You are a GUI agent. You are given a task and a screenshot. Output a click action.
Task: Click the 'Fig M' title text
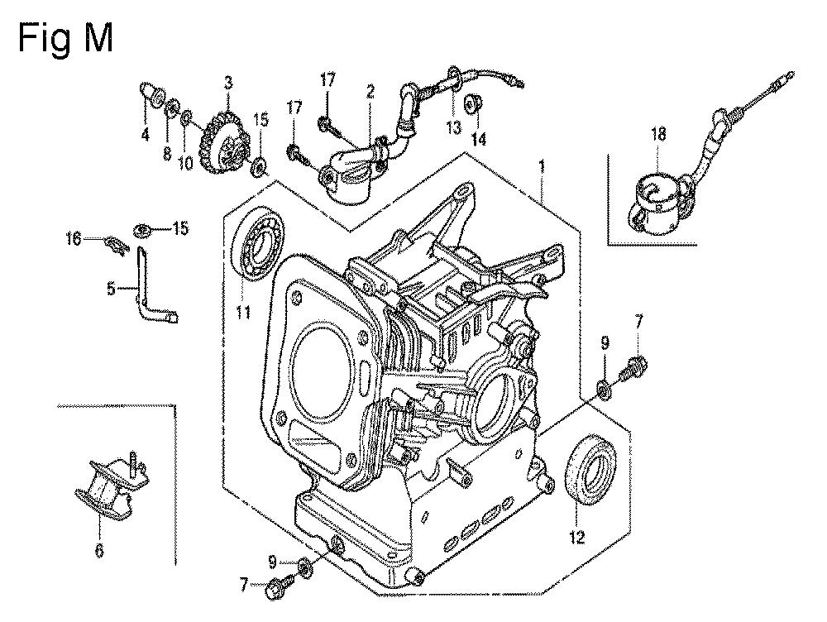tap(65, 39)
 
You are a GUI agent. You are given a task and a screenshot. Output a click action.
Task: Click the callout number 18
tap(658, 134)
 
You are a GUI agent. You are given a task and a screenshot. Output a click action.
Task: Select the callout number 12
tap(577, 537)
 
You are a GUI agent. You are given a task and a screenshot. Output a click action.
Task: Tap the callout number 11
tap(242, 313)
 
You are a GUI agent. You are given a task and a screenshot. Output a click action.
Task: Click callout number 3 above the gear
tap(228, 83)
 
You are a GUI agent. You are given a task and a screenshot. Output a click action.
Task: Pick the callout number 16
tap(74, 239)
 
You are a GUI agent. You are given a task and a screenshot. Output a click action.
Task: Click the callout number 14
tap(479, 139)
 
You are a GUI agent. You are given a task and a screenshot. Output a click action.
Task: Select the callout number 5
tap(111, 288)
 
